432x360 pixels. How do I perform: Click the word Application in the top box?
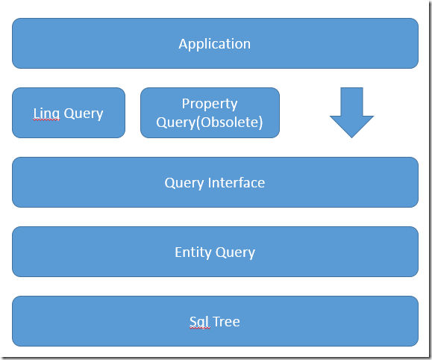[x=215, y=44]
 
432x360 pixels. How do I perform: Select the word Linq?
[x=46, y=114]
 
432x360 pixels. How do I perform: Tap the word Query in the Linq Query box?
[x=84, y=114]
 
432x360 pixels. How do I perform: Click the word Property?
[x=210, y=105]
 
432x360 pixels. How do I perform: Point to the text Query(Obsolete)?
[x=210, y=122]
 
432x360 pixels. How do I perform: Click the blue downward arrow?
[x=351, y=113]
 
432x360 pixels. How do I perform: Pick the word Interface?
[x=236, y=183]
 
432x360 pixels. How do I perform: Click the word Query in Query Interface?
[x=184, y=183]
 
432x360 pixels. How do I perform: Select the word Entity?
[x=192, y=252]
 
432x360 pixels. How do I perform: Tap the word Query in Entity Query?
[x=235, y=252]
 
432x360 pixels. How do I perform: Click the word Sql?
[x=198, y=322]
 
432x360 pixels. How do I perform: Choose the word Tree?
[x=226, y=322]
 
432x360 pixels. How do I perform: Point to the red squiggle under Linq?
[x=46, y=120]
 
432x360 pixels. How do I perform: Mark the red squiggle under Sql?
[x=200, y=328]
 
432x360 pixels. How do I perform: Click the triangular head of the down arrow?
[x=351, y=125]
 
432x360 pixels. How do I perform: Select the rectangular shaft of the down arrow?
[x=351, y=102]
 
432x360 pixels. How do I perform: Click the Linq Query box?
[x=69, y=113]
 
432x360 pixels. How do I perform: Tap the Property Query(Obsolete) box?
[x=210, y=113]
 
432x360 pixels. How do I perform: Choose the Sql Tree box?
[x=215, y=321]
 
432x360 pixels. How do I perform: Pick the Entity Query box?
[x=215, y=252]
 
